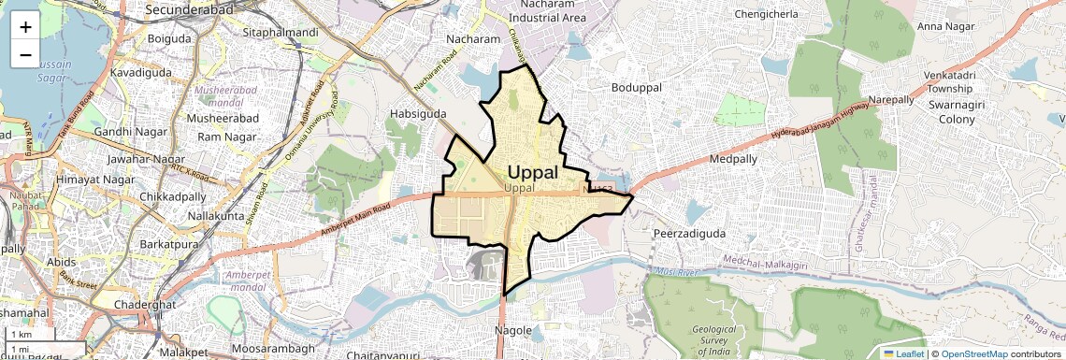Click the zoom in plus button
click(x=25, y=26)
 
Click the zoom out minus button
click(x=25, y=54)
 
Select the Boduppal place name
click(x=636, y=87)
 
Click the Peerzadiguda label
click(x=690, y=233)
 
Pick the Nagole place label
click(x=513, y=330)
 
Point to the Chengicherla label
click(x=767, y=15)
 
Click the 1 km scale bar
click(x=34, y=335)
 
